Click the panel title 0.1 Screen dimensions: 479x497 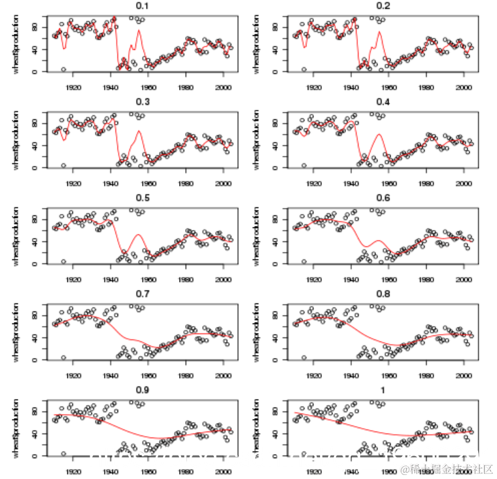point(142,6)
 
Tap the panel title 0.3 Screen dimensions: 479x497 point(142,102)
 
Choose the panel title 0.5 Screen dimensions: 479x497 point(142,198)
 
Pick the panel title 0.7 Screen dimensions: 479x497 point(142,294)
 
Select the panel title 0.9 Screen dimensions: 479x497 point(142,390)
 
